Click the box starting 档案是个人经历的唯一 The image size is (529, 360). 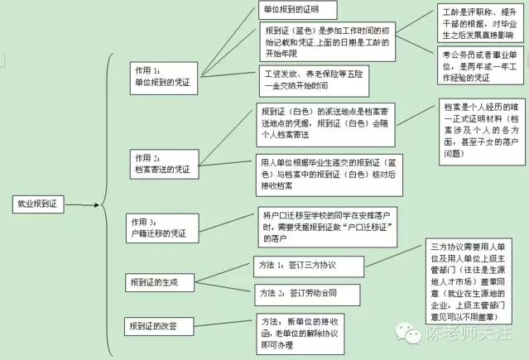coord(481,130)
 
